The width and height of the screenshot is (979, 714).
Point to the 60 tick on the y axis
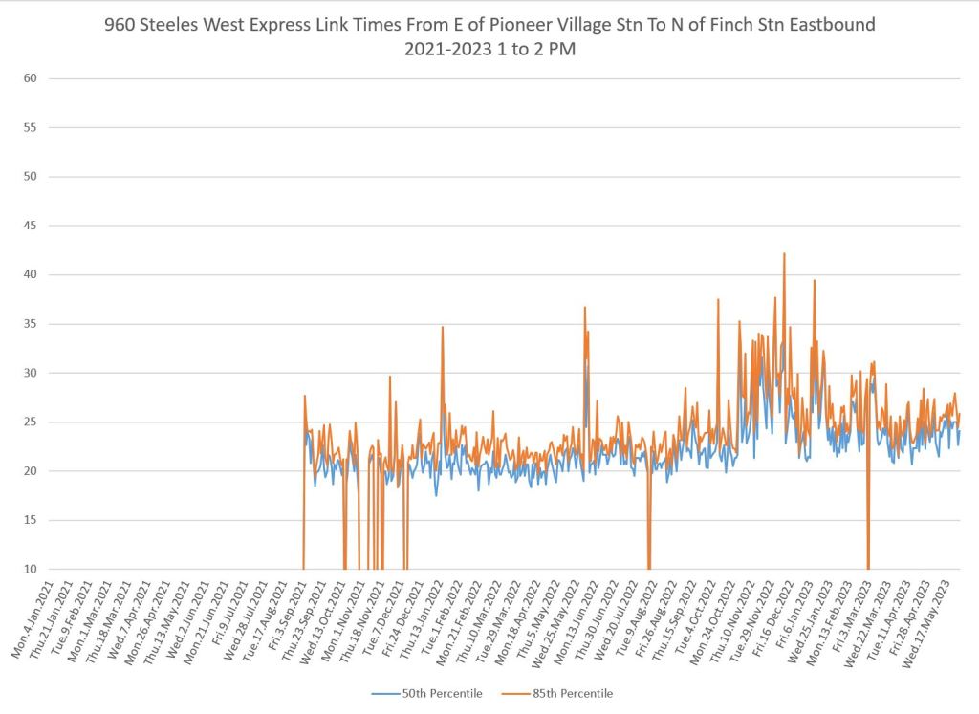tap(30, 78)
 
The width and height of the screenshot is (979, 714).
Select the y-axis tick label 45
tap(30, 226)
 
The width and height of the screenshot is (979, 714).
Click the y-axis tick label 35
tap(30, 324)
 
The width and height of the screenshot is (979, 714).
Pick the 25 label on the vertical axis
tap(30, 422)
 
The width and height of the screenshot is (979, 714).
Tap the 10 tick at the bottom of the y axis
tap(30, 570)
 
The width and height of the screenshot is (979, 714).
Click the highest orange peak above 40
tap(784, 254)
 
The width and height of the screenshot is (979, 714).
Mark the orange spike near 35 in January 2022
tap(442, 328)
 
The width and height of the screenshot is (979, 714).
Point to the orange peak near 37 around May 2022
tap(584, 308)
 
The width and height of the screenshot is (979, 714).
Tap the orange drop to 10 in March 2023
tap(868, 564)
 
